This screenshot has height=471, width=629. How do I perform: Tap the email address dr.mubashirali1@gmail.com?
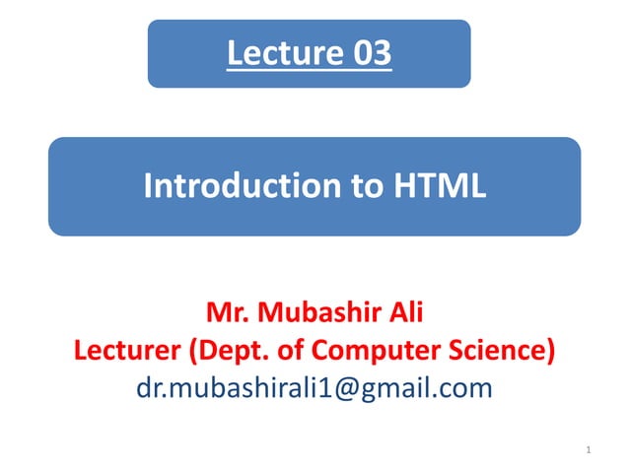tap(314, 387)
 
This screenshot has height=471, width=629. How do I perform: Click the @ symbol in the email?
tap(364, 387)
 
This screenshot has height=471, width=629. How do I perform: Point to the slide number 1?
tap(587, 452)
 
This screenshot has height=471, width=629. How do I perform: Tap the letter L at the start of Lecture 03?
tap(234, 53)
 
